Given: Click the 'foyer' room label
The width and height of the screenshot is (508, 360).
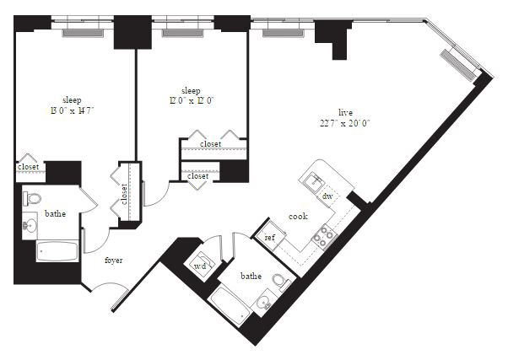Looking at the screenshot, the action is tap(114, 261).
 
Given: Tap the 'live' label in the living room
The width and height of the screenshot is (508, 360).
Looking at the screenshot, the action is tap(345, 113).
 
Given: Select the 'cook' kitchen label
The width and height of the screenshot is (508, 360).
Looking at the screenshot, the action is tap(298, 217).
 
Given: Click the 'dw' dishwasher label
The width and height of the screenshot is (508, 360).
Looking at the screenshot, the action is tap(327, 196).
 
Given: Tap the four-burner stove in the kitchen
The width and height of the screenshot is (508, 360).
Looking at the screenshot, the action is tap(324, 236).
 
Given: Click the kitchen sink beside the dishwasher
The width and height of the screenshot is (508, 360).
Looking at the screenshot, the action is tap(314, 181).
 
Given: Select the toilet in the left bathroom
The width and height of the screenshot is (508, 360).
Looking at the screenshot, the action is tap(32, 198).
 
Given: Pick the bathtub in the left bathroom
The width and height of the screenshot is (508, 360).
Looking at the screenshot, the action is tap(57, 251).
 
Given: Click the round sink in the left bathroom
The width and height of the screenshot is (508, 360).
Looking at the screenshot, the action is tap(30, 225).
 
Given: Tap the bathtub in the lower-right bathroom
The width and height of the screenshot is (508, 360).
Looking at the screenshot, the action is tap(230, 306).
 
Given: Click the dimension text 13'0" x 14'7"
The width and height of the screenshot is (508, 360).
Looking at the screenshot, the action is tap(72, 110).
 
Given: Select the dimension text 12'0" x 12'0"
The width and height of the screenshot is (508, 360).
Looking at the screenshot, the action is tap(192, 100).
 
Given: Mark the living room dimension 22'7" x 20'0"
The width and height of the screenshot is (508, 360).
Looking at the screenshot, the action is tap(345, 123).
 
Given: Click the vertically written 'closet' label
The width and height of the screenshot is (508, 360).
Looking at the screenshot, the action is tap(124, 194).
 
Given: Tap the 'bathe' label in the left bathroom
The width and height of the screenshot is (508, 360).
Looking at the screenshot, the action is tap(55, 213).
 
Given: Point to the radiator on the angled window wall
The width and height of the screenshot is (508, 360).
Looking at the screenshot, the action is tap(457, 65).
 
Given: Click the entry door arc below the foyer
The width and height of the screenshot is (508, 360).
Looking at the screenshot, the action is tap(110, 285).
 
